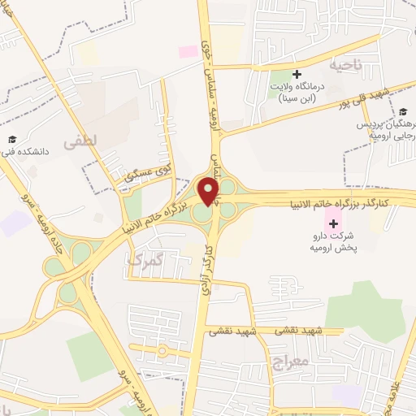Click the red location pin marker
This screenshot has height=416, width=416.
(x=210, y=192)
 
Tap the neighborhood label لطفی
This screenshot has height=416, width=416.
(x=84, y=141)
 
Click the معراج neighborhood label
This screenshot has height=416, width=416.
(x=281, y=360)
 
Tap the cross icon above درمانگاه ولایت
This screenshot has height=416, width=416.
(x=297, y=74)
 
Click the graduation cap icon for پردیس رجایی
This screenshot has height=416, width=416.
(x=402, y=112)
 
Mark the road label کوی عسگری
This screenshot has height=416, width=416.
(x=145, y=173)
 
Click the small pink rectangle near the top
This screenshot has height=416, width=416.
(x=188, y=51)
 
